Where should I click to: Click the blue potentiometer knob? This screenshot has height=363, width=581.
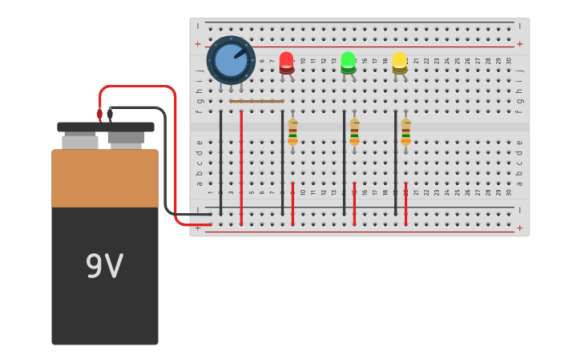pos(231,60)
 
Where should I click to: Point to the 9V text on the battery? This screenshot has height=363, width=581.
pos(104,267)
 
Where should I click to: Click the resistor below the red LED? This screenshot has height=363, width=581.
pos(293,131)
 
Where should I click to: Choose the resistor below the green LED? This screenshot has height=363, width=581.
pos(354,131)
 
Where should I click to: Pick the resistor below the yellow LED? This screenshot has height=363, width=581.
pos(405,131)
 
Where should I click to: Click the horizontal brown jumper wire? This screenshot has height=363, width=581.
pos(256,102)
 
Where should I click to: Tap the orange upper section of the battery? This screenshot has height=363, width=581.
pos(105,178)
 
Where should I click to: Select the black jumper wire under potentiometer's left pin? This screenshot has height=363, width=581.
pos(221,160)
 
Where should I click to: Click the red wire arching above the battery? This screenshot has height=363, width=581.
pos(136,87)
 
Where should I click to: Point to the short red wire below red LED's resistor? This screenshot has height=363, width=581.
pos(293,204)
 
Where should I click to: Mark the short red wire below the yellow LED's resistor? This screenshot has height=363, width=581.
pos(405,204)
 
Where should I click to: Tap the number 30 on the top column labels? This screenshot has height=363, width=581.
pos(508,61)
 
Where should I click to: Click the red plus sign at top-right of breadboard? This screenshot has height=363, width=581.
pos(519,44)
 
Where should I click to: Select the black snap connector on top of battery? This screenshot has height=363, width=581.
pos(106,127)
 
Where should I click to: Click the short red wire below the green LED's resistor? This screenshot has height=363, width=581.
pos(354,204)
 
